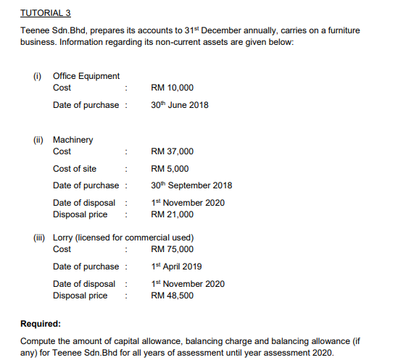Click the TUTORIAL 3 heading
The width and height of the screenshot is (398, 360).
pos(41,13)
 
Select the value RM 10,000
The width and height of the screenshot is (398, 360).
pos(172,88)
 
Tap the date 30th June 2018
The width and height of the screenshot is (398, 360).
pos(179,105)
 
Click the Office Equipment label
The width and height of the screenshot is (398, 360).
pos(86,76)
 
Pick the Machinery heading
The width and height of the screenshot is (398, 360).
pos(73,140)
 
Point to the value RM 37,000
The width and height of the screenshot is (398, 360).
pos(172,151)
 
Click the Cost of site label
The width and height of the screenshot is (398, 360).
pos(75,169)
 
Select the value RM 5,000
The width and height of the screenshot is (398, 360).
pos(170,169)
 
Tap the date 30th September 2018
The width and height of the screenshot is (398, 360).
pos(191,185)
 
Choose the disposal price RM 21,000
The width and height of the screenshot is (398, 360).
pos(172,214)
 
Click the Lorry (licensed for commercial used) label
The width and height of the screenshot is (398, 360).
pos(122,238)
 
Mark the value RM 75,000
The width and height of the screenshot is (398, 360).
pos(172,249)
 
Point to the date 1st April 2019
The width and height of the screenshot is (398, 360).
pos(176,267)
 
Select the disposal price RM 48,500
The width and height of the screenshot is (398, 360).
pos(172,296)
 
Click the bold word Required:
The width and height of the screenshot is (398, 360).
pos(41,325)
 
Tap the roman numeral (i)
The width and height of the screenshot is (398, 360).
pos(38,76)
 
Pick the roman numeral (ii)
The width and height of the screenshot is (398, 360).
pos(38,140)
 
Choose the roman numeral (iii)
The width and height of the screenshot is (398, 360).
pos(39,238)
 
